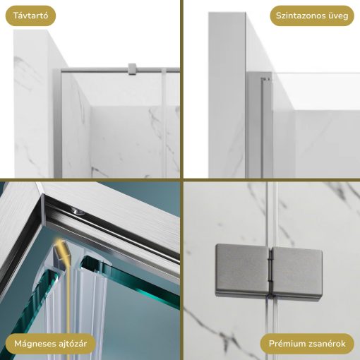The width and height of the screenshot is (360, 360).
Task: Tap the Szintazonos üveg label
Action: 312,16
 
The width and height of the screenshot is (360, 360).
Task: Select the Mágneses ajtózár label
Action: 50,344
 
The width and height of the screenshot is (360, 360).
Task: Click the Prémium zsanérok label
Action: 307,344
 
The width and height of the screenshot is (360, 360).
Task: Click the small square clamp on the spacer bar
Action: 131,68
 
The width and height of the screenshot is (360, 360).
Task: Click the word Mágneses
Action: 35,344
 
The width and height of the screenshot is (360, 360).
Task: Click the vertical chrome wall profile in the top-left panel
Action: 56,120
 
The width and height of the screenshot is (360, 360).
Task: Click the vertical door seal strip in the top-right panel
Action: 264,127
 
